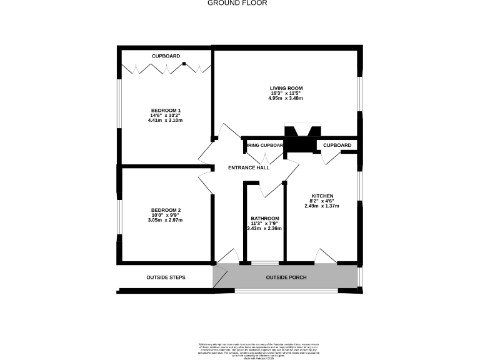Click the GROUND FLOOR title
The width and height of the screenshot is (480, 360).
click(x=237, y=3)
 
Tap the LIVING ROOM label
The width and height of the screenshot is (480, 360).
click(x=286, y=88)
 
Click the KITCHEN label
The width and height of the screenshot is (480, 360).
click(x=321, y=196)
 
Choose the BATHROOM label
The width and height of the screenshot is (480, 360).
click(x=264, y=218)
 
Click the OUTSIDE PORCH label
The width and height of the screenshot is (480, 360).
click(x=286, y=277)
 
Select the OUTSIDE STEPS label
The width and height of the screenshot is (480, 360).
click(x=166, y=277)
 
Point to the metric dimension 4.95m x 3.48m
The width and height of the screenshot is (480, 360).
click(x=286, y=98)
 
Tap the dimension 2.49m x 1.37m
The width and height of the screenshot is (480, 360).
click(x=321, y=206)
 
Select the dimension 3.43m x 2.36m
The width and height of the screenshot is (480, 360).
click(x=264, y=228)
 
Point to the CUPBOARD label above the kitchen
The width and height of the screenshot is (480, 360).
click(x=337, y=146)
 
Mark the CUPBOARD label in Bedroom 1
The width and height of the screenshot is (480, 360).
click(x=166, y=56)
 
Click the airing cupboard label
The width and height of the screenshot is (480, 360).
click(x=265, y=146)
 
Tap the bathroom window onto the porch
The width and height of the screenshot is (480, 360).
click(x=264, y=263)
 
